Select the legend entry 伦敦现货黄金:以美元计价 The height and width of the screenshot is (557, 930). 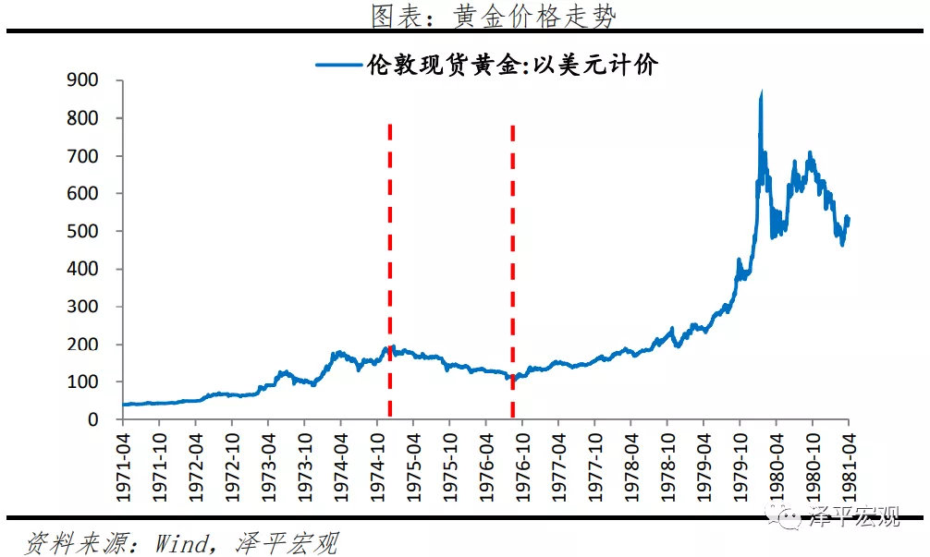[512, 65]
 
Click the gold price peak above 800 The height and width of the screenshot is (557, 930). [761, 93]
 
